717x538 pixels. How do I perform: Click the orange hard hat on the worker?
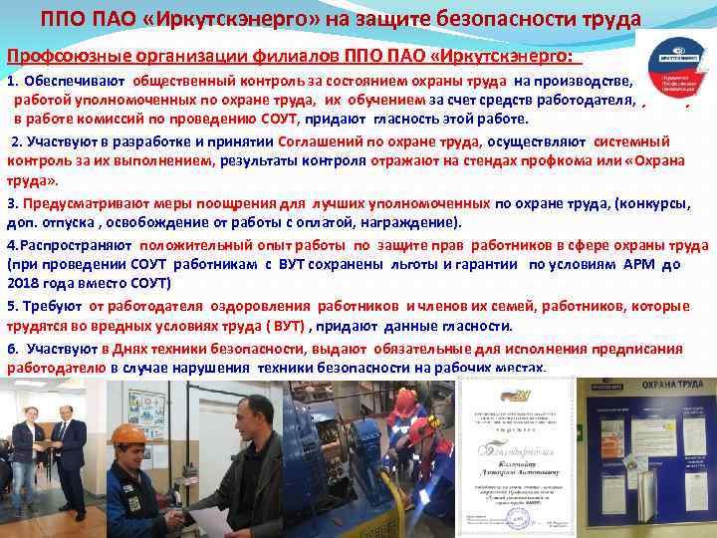(128, 434)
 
